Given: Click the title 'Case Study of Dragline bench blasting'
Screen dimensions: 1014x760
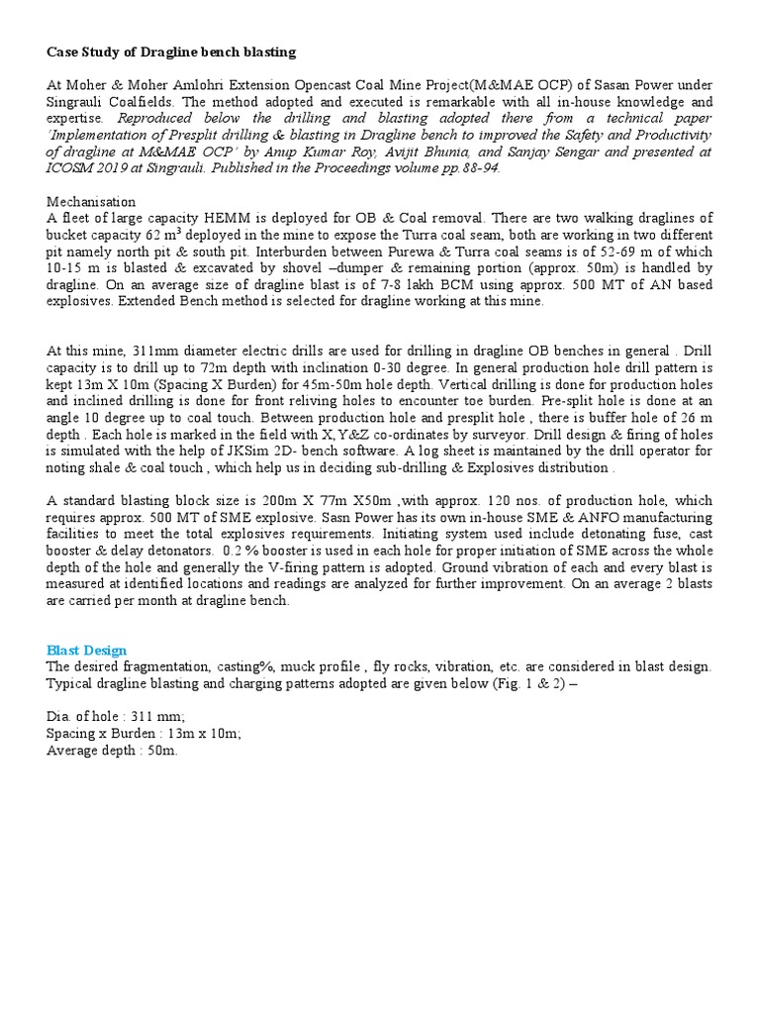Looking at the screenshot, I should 171,51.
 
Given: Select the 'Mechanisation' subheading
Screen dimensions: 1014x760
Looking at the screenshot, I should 91,201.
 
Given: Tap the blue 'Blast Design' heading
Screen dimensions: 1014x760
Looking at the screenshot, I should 87,651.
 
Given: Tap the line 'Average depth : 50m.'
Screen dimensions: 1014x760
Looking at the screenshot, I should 112,752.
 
